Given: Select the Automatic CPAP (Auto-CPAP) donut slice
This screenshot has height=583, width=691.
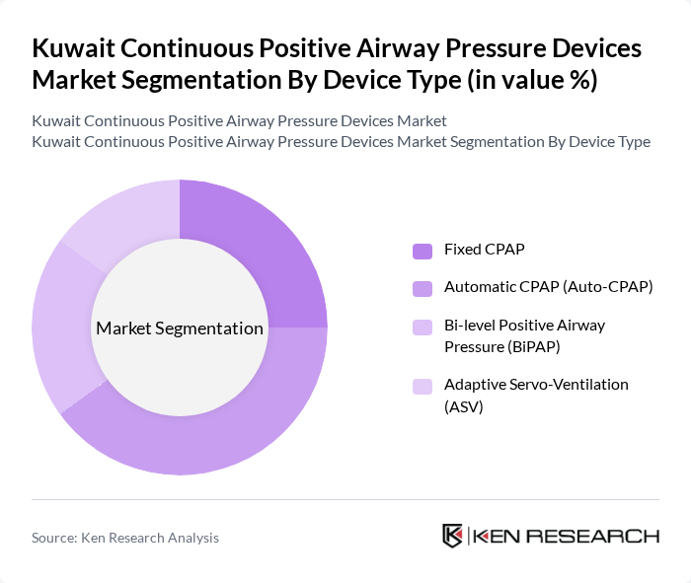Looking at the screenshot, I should point(227,434).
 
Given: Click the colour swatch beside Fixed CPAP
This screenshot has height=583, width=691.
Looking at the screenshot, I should point(422,251).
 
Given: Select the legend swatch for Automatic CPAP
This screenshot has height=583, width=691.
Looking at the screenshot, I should point(422,287).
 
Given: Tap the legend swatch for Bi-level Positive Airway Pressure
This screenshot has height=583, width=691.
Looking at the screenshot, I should point(422,325).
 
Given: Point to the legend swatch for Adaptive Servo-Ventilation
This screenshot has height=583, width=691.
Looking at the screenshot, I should point(422,385).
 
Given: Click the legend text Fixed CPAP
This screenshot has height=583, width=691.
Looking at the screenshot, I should point(485,251).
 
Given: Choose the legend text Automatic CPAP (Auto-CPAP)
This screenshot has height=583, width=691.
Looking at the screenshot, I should point(549,287).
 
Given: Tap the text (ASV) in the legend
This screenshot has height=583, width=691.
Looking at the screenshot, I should point(464,405).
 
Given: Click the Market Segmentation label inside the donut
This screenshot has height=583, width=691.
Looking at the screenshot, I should point(180,328).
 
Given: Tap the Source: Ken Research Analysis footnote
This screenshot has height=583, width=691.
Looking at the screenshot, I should point(125,538).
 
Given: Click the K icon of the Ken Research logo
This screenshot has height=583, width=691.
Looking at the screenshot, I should point(452,536).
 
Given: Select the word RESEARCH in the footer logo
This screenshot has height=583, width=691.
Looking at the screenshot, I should point(603,536).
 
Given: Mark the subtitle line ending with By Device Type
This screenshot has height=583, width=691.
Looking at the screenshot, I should point(341,141).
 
